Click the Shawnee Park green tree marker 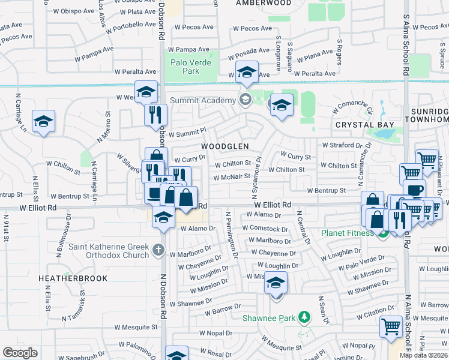[305, 316]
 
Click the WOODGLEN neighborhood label [225, 146]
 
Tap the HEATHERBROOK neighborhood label [73, 278]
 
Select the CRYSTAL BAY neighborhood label [365, 125]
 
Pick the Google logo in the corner [20, 353]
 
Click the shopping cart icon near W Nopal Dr [391, 327]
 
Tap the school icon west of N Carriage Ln [43, 122]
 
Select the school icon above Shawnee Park [276, 283]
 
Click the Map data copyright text [424, 355]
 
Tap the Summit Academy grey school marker [245, 99]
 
